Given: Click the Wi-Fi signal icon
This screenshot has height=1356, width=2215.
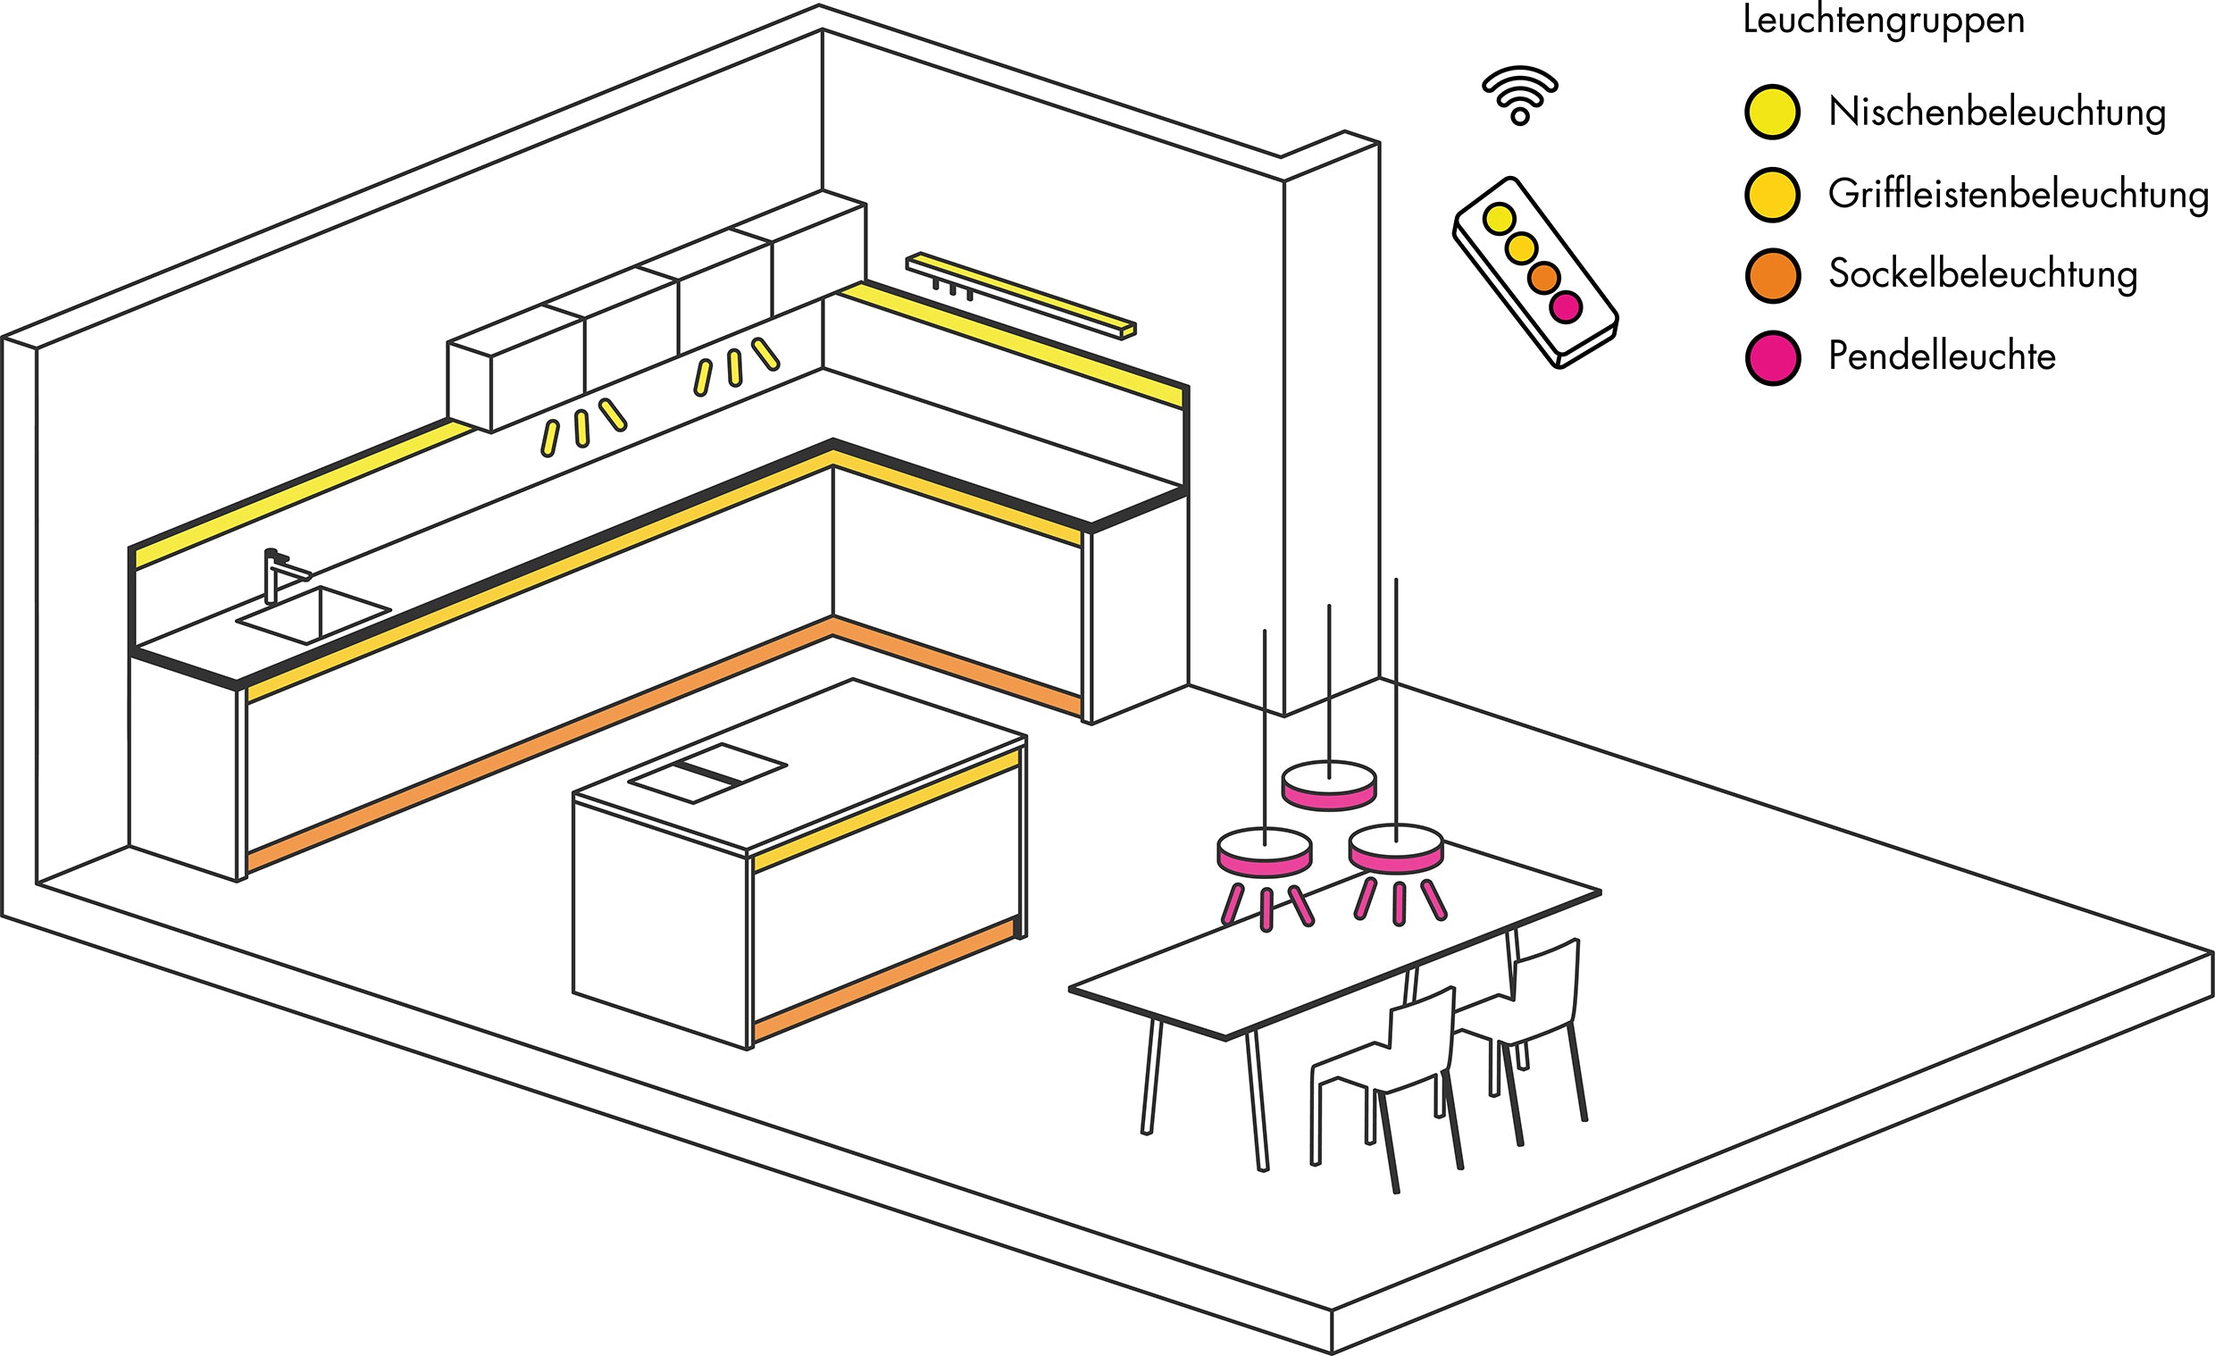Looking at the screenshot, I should pos(1519,96).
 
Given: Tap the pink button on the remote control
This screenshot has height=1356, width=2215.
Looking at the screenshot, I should pos(1566,306).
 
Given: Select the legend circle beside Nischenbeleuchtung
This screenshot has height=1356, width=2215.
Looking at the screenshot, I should pos(1772,113).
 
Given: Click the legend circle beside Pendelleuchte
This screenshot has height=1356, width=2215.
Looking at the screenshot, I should pos(1773,357).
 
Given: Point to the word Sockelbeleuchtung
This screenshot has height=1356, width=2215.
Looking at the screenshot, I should pos(1982,274).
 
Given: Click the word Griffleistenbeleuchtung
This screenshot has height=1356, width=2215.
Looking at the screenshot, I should pos(2019,194).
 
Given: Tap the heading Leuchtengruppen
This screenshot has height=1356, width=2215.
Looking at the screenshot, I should pos(1884,20).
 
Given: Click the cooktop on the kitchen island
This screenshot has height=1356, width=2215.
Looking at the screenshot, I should pos(706,772).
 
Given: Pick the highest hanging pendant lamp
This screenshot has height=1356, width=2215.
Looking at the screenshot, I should pos(1329,785).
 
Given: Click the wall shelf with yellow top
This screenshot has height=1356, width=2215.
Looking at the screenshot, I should pos(1020,293).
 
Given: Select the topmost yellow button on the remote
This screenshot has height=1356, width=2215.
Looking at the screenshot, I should pos(1499,218).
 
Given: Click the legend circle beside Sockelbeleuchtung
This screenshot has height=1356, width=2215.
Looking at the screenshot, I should pos(1773,275).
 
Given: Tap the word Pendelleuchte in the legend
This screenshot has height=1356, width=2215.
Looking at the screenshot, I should pos(1942,357).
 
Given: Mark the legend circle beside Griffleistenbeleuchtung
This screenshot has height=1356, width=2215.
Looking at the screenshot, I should pos(1772,194).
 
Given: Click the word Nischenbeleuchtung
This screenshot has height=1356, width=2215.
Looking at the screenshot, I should pos(1996,113).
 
